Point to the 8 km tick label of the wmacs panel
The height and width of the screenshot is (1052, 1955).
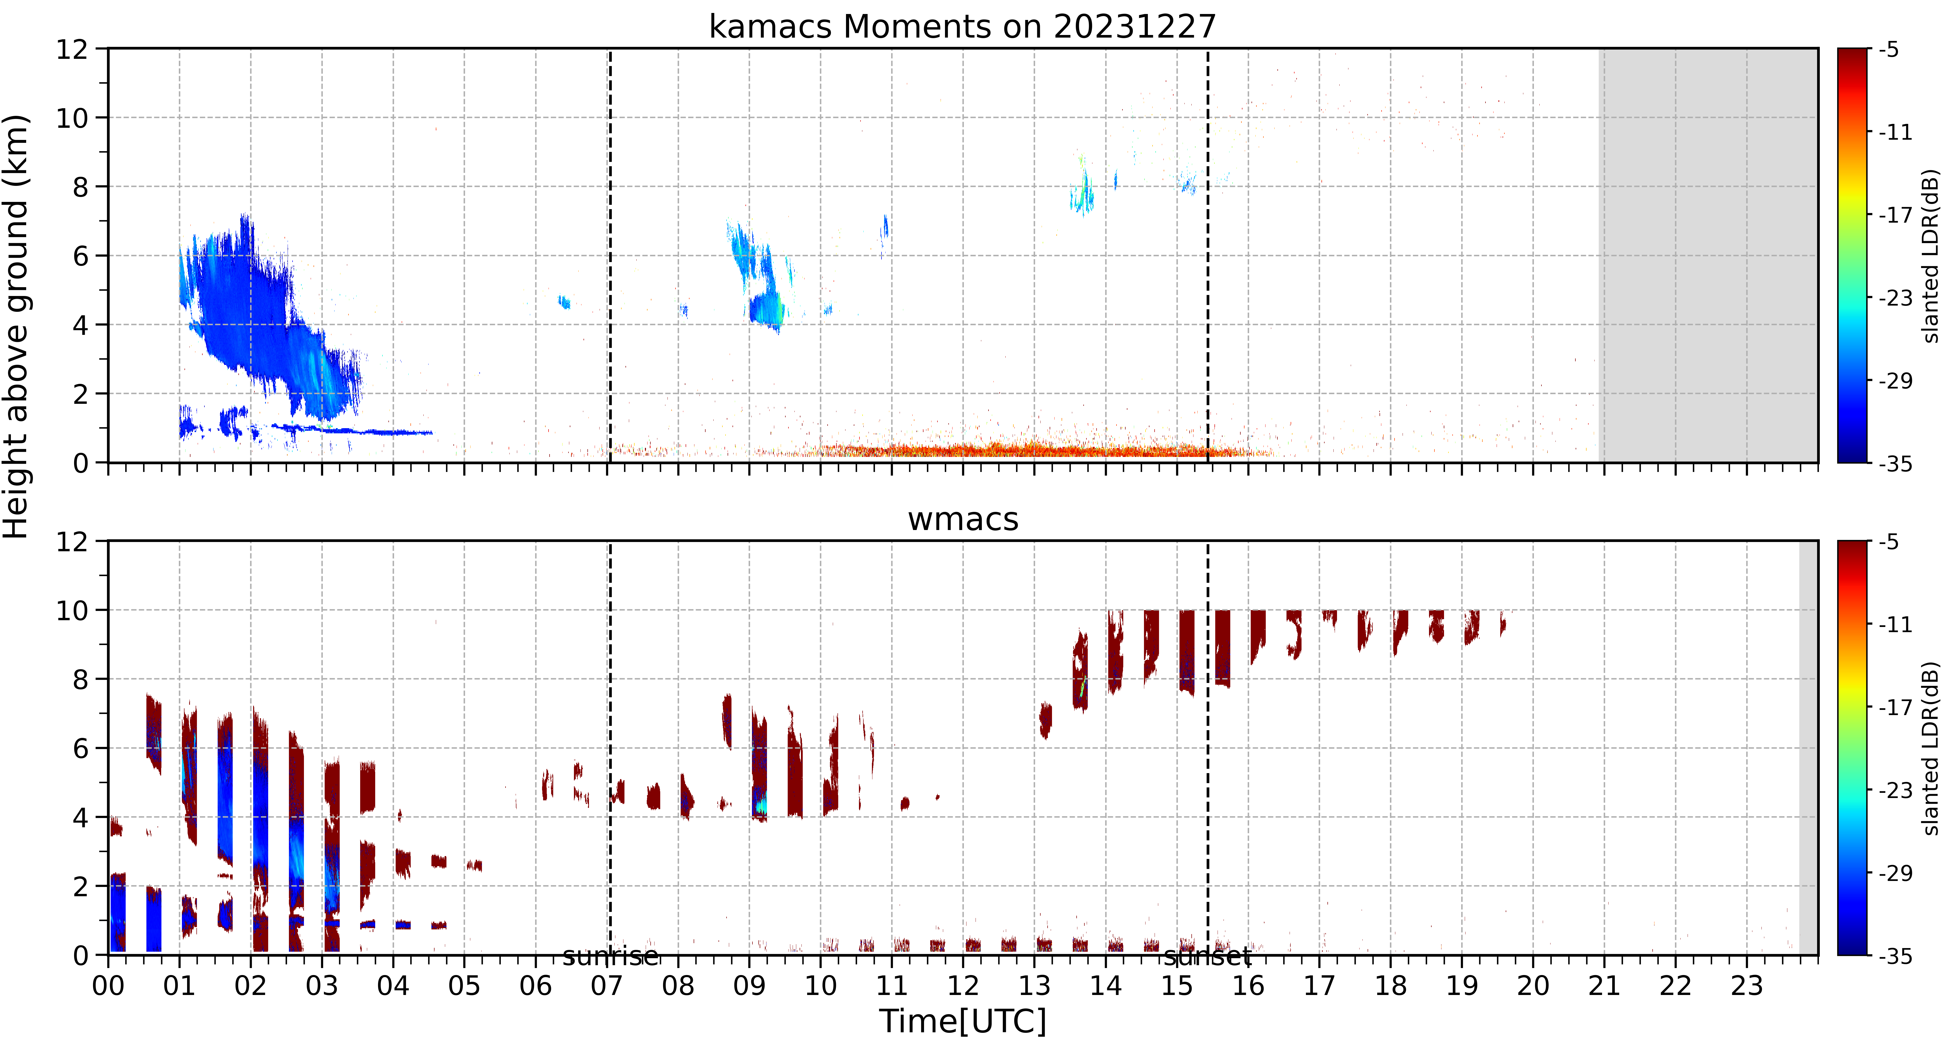[80, 679]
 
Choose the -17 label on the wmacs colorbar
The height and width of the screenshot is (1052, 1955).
[1895, 707]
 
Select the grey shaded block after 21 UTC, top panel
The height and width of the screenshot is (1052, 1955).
[1708, 255]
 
